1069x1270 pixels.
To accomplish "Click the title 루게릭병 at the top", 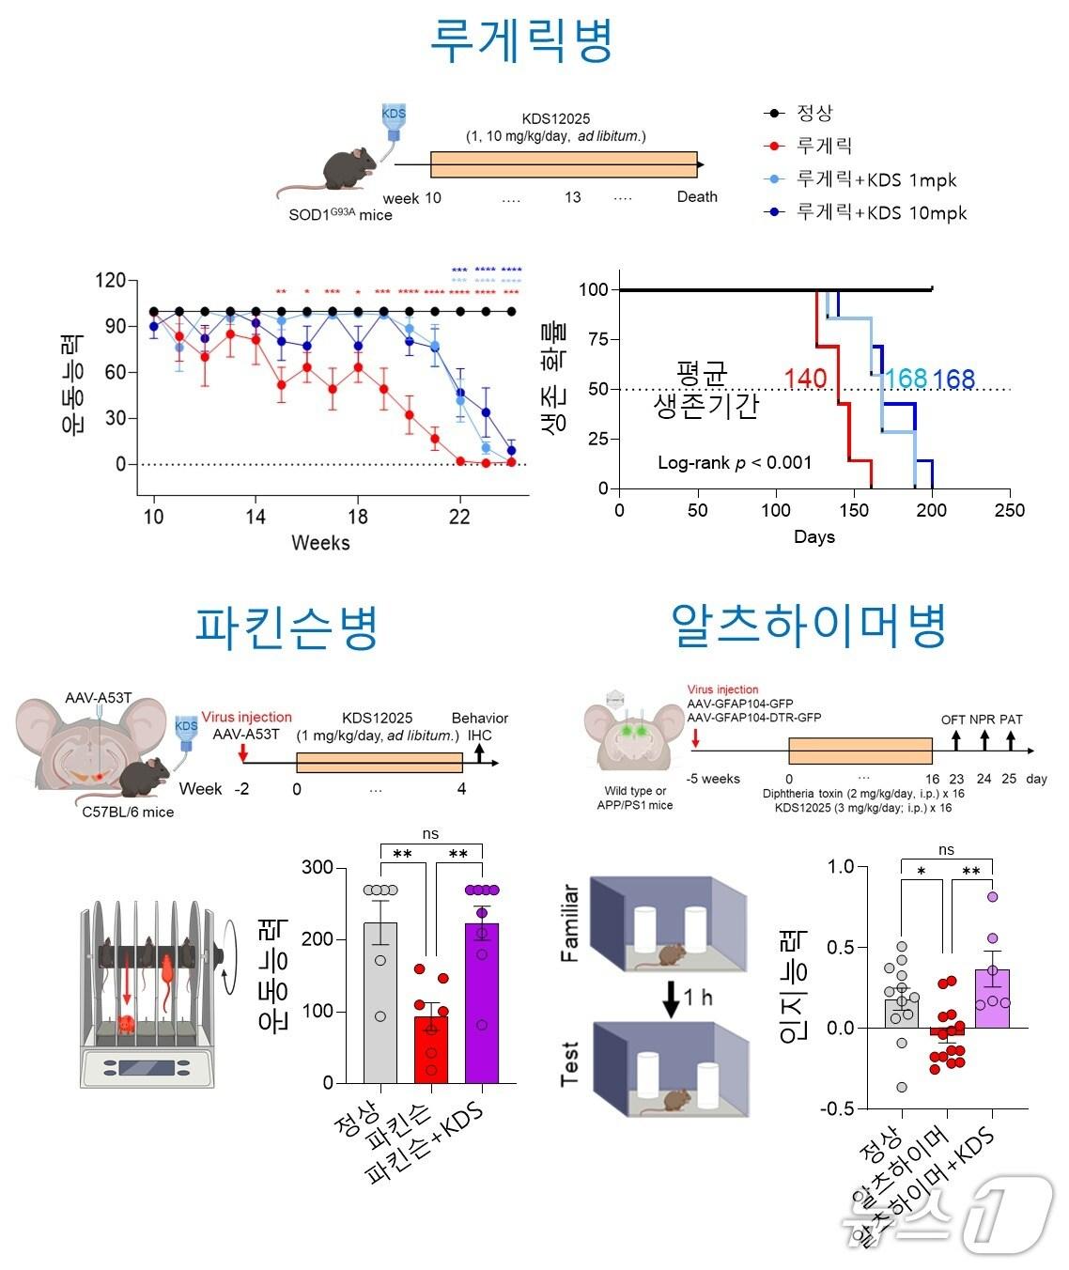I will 521,40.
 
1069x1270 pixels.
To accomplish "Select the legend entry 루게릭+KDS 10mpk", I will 880,212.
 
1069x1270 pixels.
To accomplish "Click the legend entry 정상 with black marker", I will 813,113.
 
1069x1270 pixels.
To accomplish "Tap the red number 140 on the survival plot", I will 805,379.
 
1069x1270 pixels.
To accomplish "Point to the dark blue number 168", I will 953,379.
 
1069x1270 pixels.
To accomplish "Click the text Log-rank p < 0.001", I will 734,462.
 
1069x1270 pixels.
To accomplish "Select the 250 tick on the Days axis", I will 1009,510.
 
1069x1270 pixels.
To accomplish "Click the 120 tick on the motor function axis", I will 110,281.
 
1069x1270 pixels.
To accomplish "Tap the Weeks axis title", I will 320,543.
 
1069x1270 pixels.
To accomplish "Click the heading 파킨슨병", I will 287,627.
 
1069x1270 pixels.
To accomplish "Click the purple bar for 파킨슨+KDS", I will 482,1005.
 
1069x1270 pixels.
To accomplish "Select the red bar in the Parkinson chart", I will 431,1050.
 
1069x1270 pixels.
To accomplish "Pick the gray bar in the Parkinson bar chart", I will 380,1003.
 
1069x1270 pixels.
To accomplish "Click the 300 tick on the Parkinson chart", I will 318,867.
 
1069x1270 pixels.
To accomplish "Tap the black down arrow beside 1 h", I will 671,997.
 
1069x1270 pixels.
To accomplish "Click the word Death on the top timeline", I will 697,196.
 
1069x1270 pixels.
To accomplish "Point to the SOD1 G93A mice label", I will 340,214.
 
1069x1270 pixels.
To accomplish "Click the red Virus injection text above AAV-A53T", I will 247,717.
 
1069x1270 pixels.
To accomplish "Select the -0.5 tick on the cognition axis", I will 836,1108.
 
